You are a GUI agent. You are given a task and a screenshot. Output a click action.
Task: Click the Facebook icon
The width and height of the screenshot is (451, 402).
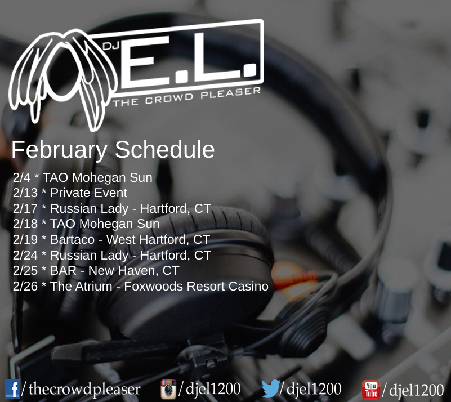(12, 389)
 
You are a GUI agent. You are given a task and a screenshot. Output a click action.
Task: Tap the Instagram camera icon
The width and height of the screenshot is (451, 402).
(168, 390)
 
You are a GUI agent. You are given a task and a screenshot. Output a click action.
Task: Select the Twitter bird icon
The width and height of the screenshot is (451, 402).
(271, 388)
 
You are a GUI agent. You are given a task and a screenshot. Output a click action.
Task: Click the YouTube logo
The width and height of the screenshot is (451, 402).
(371, 390)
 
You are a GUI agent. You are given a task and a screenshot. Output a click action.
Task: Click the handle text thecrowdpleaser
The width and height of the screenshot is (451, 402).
(84, 390)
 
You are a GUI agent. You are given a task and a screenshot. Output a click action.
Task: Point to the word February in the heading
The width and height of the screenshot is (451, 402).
(59, 150)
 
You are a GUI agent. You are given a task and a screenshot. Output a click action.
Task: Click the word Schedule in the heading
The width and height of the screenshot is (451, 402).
(164, 150)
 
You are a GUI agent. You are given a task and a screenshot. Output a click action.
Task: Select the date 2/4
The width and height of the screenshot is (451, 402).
(21, 177)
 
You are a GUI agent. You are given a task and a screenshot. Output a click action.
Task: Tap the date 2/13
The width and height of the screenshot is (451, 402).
(25, 193)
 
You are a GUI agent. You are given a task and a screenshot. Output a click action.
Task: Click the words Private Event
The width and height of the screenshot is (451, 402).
(88, 193)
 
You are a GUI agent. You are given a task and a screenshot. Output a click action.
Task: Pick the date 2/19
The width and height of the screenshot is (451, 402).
(25, 239)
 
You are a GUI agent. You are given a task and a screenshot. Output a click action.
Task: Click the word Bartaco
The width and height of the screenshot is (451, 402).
(73, 239)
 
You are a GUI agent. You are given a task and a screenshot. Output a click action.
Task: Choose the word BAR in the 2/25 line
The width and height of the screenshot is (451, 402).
(64, 270)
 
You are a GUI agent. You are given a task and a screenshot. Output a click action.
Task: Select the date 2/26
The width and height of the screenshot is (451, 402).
(25, 286)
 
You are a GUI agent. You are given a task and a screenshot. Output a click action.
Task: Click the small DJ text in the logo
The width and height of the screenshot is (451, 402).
(111, 46)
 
